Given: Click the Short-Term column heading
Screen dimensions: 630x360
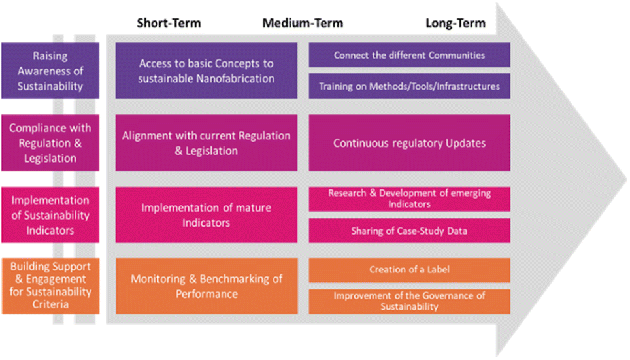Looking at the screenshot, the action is click(169, 24).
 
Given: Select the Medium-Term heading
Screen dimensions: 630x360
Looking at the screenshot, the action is click(303, 24).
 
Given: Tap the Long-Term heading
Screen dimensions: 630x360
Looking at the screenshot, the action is click(456, 24).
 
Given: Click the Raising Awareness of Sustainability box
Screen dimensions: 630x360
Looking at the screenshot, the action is click(50, 71).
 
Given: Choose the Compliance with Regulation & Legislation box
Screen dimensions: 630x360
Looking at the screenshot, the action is click(50, 142).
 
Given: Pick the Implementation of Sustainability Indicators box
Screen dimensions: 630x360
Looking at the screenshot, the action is click(50, 214).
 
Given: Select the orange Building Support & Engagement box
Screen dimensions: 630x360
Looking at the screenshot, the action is click(50, 286).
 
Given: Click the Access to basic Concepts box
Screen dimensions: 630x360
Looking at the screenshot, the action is click(207, 71).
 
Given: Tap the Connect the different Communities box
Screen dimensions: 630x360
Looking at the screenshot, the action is click(409, 55).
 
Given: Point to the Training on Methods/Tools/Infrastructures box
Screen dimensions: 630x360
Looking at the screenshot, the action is click(409, 86).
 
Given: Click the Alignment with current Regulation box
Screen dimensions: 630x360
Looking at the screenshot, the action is click(207, 142).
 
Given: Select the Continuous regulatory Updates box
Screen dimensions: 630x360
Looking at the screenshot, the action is click(409, 142).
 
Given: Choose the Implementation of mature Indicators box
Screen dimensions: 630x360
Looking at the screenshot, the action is click(207, 214).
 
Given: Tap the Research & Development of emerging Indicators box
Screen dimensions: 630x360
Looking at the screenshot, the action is click(409, 199).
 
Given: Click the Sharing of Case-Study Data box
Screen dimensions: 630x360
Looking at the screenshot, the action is click(409, 231).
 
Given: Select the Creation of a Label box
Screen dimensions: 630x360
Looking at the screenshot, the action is click(409, 270).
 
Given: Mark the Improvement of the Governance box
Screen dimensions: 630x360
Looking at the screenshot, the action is click(409, 301).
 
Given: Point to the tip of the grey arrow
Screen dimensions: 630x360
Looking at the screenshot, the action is click(626, 179).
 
